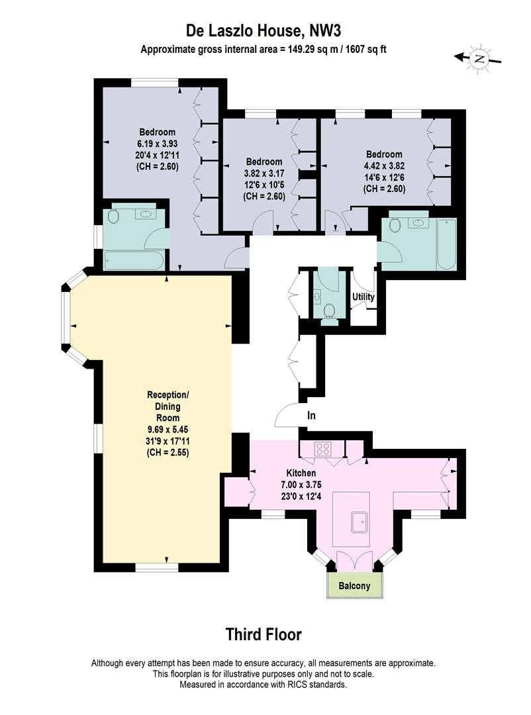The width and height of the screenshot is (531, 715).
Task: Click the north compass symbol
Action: coord(478,58)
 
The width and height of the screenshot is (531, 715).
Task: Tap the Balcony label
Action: coord(354,586)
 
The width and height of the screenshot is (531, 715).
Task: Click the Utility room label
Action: coord(363,297)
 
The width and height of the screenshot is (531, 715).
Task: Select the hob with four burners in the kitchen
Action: coord(323,449)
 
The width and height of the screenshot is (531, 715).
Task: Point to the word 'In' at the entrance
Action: coord(311,415)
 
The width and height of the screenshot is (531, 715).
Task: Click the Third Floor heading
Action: coord(264,634)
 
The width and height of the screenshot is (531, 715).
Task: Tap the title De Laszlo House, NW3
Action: coord(264,31)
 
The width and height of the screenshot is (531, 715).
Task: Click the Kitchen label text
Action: coord(301,473)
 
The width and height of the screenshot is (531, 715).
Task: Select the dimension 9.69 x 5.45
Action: coord(168,430)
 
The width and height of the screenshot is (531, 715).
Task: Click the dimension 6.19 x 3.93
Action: coord(157,144)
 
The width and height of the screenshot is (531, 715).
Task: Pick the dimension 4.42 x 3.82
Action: coord(384,166)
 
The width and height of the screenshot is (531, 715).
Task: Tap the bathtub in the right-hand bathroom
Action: coord(446,246)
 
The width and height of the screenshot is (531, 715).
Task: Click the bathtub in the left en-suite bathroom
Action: coord(134,260)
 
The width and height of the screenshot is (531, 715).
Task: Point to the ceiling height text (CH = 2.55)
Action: coord(168,453)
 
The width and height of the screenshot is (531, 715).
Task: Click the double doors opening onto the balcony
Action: coord(354,560)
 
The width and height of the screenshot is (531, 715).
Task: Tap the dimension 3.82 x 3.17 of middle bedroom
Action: coord(264,173)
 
